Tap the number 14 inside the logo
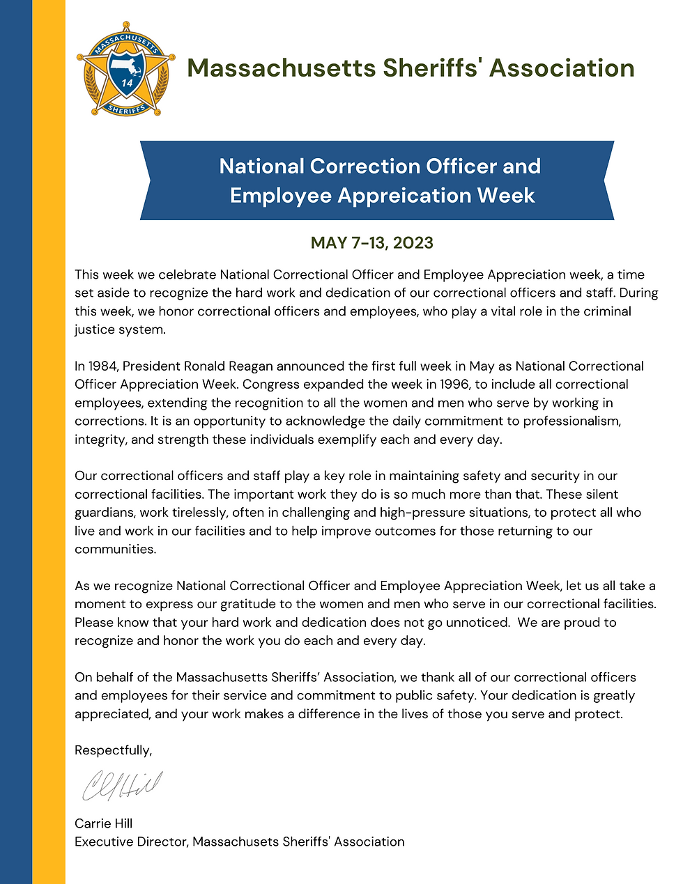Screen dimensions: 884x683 (127, 83)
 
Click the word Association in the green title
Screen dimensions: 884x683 (562, 68)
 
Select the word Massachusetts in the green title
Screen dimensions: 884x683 (282, 68)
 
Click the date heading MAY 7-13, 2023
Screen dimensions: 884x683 (372, 243)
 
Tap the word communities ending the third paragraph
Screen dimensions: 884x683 (115, 550)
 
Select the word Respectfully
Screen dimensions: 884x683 (113, 751)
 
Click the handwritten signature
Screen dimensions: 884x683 (122, 786)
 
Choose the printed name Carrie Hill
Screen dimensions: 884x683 (104, 823)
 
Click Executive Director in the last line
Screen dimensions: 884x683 (131, 842)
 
